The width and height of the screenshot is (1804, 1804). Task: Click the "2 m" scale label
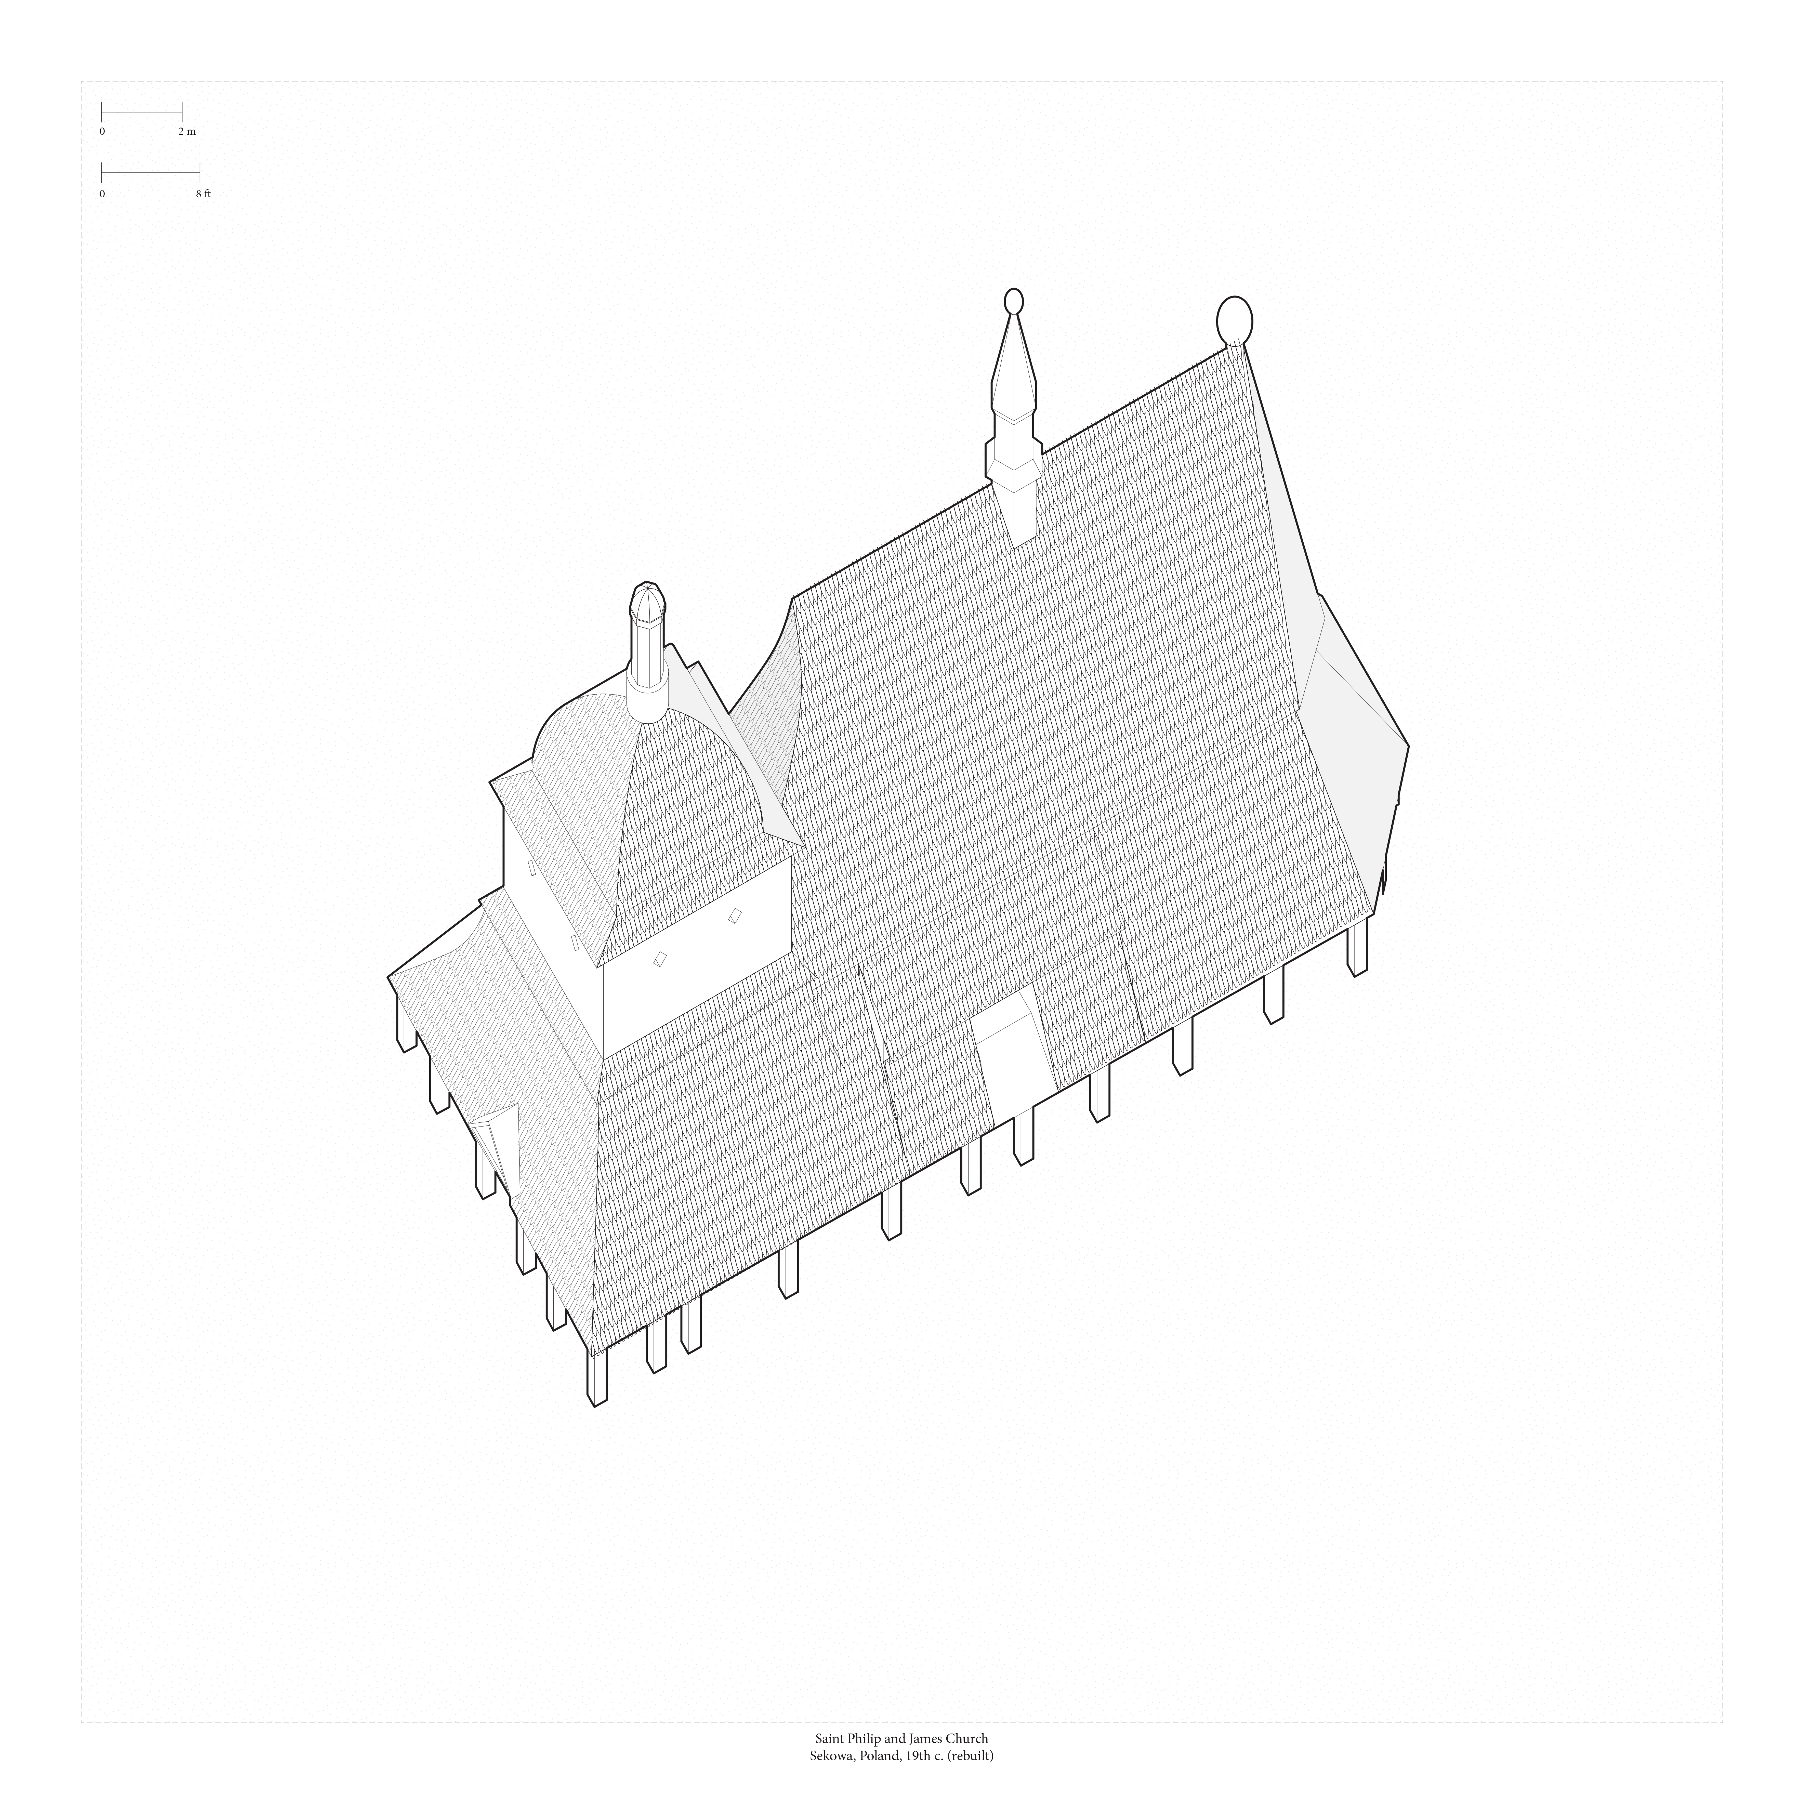tap(187, 132)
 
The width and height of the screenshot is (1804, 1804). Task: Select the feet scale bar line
tap(150, 173)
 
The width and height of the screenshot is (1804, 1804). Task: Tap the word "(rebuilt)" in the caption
tap(970, 1755)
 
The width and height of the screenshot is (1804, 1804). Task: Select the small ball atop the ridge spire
tap(1013, 302)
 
